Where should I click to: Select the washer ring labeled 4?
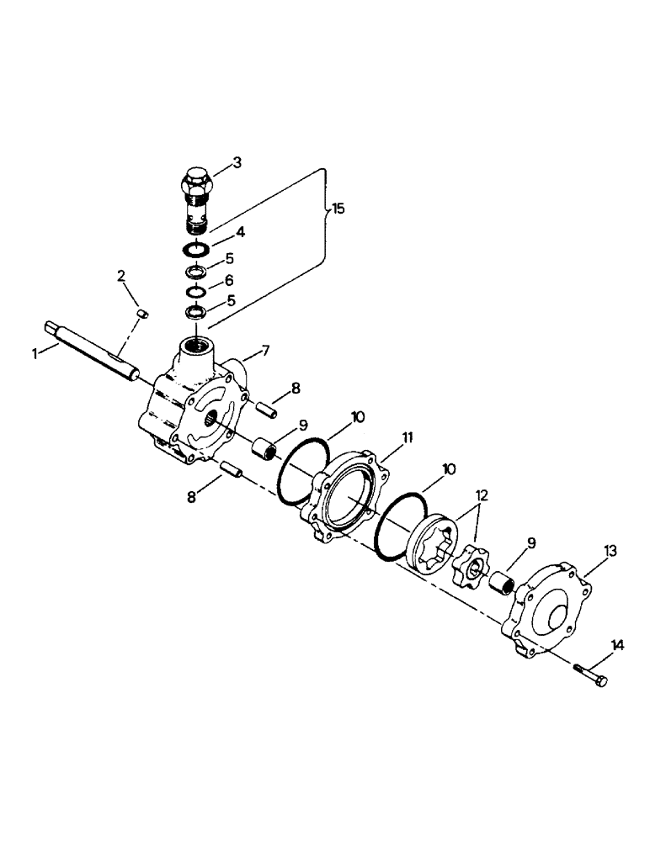point(197,250)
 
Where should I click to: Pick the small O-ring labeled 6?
point(195,291)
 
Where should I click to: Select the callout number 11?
point(408,438)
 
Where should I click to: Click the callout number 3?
point(237,163)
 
